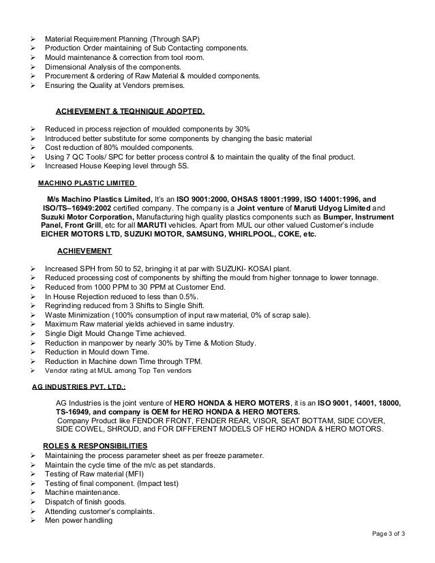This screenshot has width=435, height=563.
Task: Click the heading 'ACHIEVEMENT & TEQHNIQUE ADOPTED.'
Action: (x=130, y=110)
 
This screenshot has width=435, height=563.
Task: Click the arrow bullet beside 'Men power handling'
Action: (x=33, y=521)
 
